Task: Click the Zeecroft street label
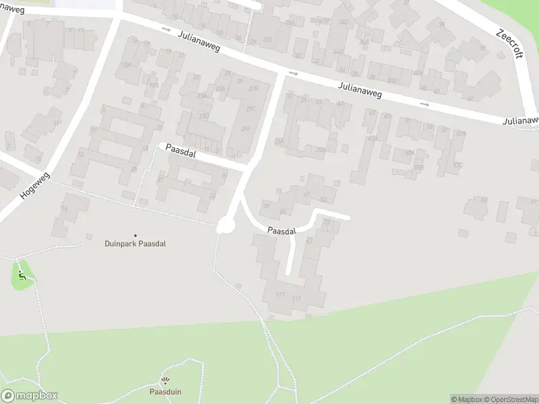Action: click(x=509, y=43)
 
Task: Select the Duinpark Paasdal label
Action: click(x=135, y=244)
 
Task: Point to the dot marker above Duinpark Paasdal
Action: click(x=135, y=234)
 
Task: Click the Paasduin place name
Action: click(x=165, y=391)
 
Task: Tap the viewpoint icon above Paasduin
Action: click(x=165, y=381)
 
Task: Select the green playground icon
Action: click(x=22, y=275)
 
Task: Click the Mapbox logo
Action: click(x=30, y=396)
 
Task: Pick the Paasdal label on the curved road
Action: click(x=282, y=231)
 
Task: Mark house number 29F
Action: click(x=247, y=129)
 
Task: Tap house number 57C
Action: click(x=458, y=165)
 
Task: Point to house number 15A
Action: click(x=125, y=65)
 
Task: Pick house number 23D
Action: click(x=202, y=115)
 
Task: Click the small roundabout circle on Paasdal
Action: click(x=224, y=227)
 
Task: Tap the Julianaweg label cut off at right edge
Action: click(x=520, y=121)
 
